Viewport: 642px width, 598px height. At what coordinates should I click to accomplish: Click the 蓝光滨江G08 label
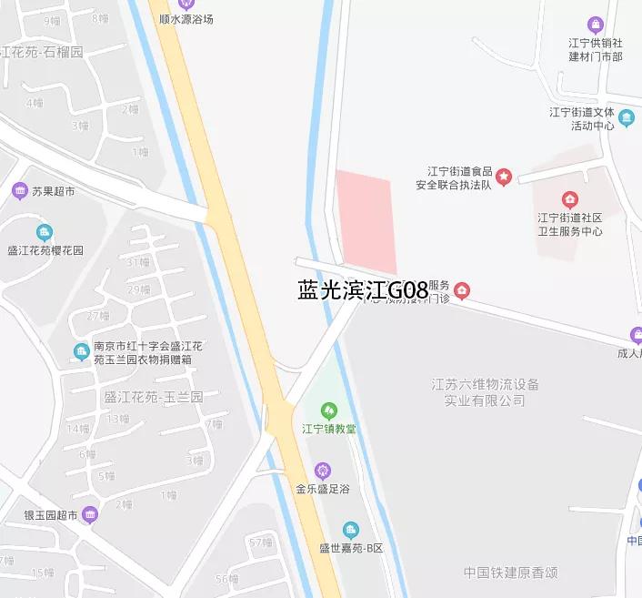[x=363, y=290]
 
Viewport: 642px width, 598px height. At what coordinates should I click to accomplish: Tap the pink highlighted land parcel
[x=366, y=223]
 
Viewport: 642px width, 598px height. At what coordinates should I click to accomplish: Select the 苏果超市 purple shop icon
[x=20, y=191]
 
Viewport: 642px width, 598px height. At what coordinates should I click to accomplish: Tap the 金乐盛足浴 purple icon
[x=322, y=471]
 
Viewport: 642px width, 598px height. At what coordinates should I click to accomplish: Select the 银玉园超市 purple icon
[x=89, y=515]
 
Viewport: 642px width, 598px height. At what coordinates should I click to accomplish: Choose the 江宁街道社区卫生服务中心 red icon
[x=569, y=199]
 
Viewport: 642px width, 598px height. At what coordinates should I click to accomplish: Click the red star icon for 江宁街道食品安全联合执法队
[x=504, y=176]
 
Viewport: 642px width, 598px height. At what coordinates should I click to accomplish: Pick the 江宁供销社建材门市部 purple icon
[x=596, y=24]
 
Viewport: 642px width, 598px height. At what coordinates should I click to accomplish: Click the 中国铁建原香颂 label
[x=510, y=573]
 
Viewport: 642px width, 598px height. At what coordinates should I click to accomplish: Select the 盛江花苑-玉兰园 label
[x=154, y=397]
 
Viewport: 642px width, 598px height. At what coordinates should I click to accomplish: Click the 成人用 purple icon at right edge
[x=636, y=334]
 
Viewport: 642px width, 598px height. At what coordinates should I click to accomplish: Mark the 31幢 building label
[x=138, y=262]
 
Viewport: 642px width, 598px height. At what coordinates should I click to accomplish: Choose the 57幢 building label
[x=260, y=542]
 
